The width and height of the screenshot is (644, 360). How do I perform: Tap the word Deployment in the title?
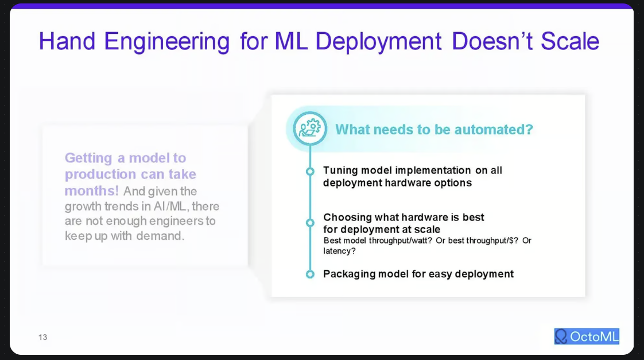coord(378,41)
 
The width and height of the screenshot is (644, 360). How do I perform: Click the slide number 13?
coord(43,337)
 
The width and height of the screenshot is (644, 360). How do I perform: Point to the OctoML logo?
coord(587,336)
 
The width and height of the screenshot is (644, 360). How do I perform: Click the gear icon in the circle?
coord(310,128)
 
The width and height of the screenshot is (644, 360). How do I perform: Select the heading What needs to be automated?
coord(434,129)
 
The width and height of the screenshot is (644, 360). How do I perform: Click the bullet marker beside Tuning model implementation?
coord(310,171)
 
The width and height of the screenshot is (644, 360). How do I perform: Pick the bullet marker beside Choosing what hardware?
coord(310,222)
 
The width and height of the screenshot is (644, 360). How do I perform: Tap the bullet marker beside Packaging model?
coord(310,274)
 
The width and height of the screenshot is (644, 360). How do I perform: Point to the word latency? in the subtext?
coord(340,251)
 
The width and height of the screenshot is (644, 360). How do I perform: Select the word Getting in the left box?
coord(88,158)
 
